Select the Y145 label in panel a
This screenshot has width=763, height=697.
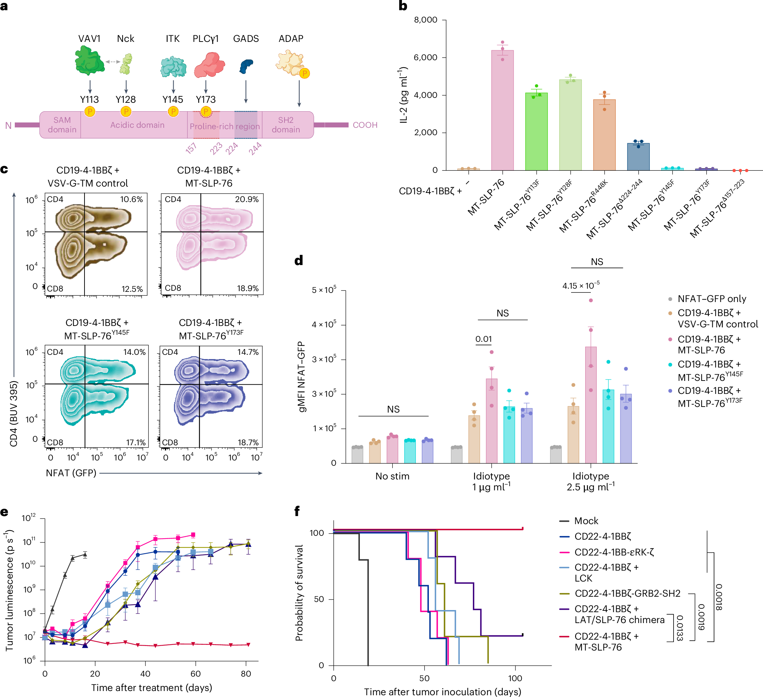[173, 100]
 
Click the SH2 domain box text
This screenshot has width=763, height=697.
[286, 125]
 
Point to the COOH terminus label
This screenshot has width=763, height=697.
[365, 125]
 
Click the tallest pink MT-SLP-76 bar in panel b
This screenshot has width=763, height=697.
[502, 113]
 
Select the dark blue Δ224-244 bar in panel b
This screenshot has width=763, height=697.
[638, 157]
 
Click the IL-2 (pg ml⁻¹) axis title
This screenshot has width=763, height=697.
[404, 95]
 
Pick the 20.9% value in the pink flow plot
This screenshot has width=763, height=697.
[247, 199]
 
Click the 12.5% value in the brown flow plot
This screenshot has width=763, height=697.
[132, 289]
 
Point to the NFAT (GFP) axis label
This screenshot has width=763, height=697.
[71, 473]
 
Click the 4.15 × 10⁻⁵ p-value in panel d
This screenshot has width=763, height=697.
[581, 286]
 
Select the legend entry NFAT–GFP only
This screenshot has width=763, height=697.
[712, 299]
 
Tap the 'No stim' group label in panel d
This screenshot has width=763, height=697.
[392, 476]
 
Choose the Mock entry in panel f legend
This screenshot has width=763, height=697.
[586, 521]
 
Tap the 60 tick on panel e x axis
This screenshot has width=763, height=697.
[195, 673]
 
